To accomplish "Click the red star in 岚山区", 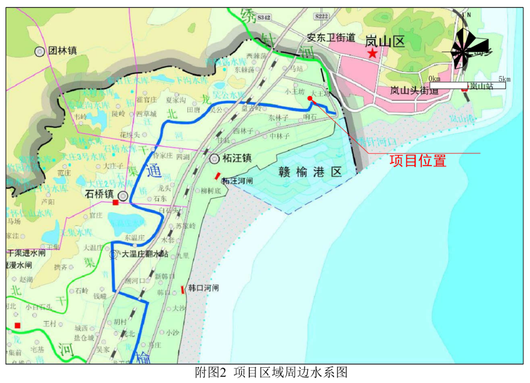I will click(x=373, y=53).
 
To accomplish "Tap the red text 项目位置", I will click(x=418, y=161).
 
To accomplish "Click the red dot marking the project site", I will click(x=310, y=98).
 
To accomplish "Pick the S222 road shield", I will click(x=321, y=16).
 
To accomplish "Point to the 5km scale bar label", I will click(x=504, y=79).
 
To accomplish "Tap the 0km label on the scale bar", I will click(x=434, y=79).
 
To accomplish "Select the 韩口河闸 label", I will click(x=204, y=288).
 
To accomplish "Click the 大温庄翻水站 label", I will click(x=145, y=254).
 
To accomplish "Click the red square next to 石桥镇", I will click(x=115, y=202).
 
